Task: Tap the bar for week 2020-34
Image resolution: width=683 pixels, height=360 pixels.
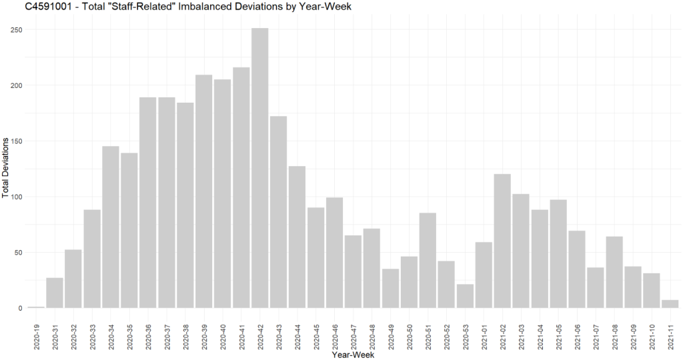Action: click(111, 227)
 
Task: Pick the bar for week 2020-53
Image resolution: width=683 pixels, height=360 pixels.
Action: click(465, 296)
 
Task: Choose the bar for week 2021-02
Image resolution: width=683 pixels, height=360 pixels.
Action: click(502, 241)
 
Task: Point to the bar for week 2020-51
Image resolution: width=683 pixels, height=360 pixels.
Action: click(428, 260)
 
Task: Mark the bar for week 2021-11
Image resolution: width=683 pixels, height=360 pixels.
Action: click(670, 304)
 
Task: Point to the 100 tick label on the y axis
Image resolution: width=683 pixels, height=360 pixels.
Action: click(15, 197)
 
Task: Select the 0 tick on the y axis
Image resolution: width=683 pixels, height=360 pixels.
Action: click(19, 308)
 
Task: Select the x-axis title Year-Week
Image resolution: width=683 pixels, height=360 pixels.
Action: click(353, 355)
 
